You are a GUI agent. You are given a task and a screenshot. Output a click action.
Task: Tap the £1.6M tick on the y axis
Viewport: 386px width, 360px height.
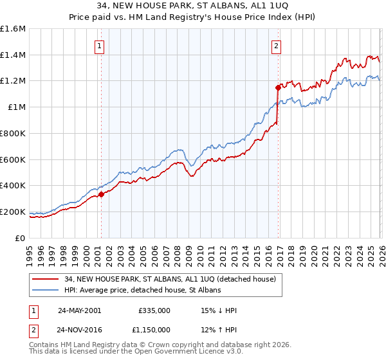pos(14,29)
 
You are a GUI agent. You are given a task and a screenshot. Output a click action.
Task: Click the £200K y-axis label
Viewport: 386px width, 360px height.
pos(14,212)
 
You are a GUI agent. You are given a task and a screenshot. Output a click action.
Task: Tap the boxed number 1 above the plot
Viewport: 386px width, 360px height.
pos(100,46)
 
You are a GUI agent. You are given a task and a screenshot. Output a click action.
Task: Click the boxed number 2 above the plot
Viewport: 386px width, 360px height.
pos(276,46)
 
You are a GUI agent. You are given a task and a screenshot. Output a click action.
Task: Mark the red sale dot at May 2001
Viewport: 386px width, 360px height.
pos(102,194)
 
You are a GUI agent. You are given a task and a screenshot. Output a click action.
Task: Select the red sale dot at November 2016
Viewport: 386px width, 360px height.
pos(279,87)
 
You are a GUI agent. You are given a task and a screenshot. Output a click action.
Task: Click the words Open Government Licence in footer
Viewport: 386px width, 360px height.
pos(174,352)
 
